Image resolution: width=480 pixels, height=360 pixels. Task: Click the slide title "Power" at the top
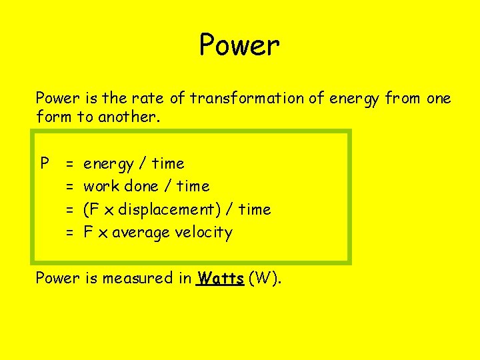tap(239, 46)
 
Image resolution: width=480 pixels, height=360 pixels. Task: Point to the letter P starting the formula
tap(45, 163)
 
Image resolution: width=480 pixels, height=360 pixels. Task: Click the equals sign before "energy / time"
tap(69, 163)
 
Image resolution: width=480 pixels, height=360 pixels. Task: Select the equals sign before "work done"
tap(69, 187)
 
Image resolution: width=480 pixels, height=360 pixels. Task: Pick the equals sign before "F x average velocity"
tap(69, 233)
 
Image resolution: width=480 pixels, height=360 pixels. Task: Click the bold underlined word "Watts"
tap(221, 278)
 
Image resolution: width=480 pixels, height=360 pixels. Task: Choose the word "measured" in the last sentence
tap(141, 278)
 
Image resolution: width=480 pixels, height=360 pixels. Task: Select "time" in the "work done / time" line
tap(193, 186)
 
